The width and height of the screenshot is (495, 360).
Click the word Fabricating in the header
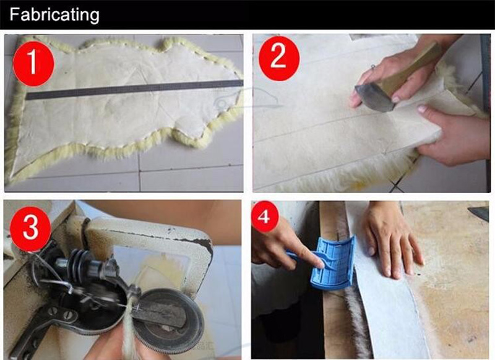point(54,15)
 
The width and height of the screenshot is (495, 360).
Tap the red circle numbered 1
point(33,64)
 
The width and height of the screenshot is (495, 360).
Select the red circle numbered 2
point(279,58)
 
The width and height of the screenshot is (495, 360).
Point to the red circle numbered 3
point(30,229)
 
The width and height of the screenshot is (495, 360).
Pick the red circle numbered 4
point(265,216)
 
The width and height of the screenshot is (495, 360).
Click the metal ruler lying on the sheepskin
point(134,90)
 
